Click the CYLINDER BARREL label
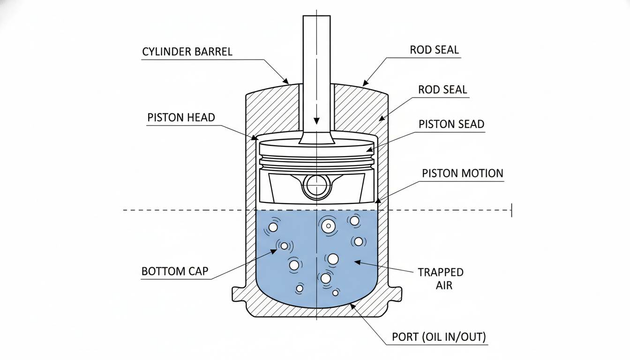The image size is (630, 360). [x=187, y=51]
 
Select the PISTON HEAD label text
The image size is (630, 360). [x=181, y=117]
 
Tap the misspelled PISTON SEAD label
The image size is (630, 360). [x=451, y=124]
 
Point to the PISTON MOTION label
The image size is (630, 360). [x=462, y=173]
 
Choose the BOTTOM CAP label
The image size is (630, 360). [x=175, y=271]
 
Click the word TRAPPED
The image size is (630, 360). [x=440, y=272]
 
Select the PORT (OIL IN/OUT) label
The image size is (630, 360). [x=438, y=337]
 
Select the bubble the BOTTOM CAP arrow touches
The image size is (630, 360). [x=284, y=246]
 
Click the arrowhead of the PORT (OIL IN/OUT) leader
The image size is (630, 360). [x=351, y=306]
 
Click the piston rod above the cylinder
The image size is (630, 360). [x=317, y=47]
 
